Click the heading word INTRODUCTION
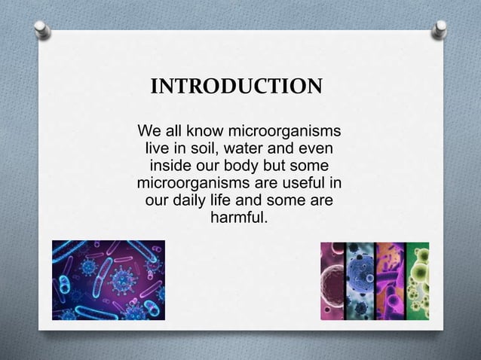[x=237, y=86]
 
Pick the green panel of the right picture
[x=417, y=280]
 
